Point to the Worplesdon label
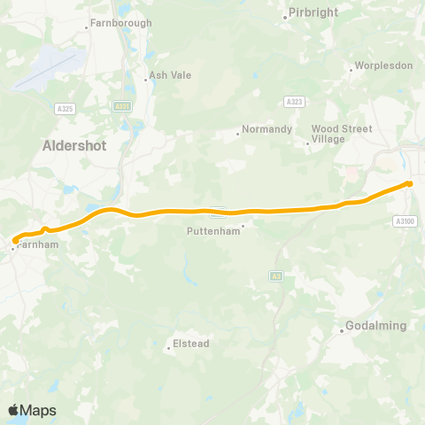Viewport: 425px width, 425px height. coord(382,66)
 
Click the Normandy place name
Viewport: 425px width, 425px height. coord(268,129)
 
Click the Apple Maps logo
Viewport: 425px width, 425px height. coord(32,410)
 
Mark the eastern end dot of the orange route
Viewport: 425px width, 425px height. coord(409,183)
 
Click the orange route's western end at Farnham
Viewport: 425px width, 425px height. coord(15,240)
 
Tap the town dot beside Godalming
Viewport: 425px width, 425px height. coord(342,331)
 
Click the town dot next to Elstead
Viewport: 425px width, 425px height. coord(168,347)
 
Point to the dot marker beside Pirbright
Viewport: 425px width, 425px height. coord(285,16)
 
